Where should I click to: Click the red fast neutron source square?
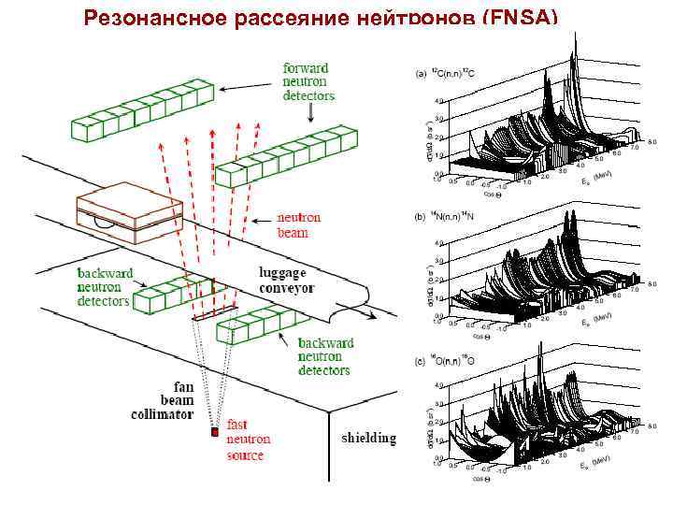point(215,432)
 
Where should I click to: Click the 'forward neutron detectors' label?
point(308,81)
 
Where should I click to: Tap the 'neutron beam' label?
point(298,224)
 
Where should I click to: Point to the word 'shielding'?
point(368,438)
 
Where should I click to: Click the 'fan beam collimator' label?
point(169,399)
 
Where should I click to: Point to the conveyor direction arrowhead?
point(373,316)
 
